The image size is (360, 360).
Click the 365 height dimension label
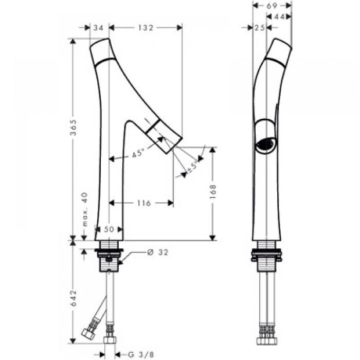tap(73, 128)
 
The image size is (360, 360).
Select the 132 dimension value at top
tap(146, 28)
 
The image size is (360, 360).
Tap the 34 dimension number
tap(99, 28)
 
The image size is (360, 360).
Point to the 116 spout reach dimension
tap(143, 203)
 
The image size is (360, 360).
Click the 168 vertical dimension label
tap(213, 191)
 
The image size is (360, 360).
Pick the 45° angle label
tap(138, 153)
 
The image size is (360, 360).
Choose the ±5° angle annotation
tap(193, 167)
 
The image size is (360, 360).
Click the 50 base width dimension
tap(109, 229)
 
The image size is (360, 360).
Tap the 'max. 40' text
tap(85, 209)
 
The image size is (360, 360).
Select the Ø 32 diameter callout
tap(158, 253)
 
